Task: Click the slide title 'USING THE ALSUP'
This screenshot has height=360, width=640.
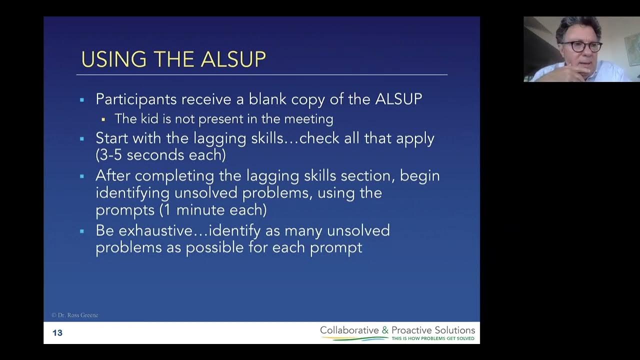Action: tap(173, 59)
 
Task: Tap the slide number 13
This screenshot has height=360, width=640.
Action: tap(57, 333)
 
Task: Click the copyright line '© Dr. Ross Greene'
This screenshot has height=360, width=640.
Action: tap(74, 315)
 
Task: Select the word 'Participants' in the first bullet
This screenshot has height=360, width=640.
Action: tap(135, 99)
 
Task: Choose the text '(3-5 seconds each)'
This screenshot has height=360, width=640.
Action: tap(160, 155)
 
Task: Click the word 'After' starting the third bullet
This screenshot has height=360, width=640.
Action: tap(112, 176)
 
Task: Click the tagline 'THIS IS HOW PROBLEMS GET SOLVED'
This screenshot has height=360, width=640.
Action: tap(433, 338)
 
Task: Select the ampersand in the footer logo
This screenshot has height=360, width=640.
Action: tap(384, 330)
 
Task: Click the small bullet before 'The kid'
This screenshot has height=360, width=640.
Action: tap(103, 119)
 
